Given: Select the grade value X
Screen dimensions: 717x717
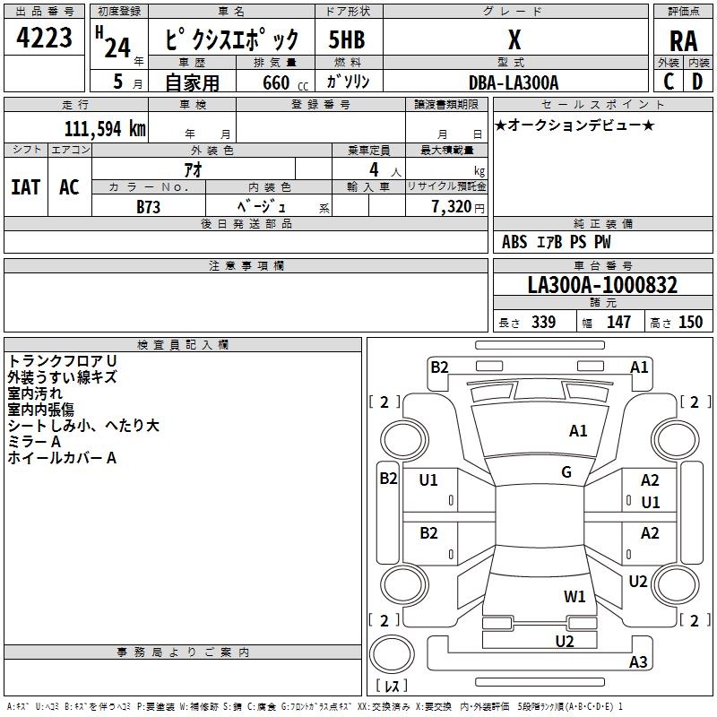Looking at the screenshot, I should [514, 40].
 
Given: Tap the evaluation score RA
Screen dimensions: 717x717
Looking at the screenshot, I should [683, 41].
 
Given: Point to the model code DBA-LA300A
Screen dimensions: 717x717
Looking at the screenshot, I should [514, 82].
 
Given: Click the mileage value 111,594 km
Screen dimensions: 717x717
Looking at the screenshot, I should [105, 129].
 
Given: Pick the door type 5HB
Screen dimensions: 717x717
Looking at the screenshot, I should [346, 40].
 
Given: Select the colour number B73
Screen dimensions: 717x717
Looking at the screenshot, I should [150, 207].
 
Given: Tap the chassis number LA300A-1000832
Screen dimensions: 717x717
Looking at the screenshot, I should [602, 286].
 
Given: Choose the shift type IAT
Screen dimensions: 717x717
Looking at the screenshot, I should [25, 187].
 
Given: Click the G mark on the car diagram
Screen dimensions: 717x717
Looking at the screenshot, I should [566, 472].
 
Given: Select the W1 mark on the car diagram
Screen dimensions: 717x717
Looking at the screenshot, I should [574, 596].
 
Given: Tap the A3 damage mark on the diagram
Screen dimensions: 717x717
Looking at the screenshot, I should [638, 662].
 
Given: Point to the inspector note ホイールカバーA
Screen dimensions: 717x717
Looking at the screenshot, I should [62, 458].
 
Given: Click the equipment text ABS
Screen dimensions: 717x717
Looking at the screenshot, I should [514, 242].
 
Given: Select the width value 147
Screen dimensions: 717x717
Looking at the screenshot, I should [619, 323].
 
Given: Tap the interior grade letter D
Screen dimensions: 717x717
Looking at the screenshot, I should [697, 82].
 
